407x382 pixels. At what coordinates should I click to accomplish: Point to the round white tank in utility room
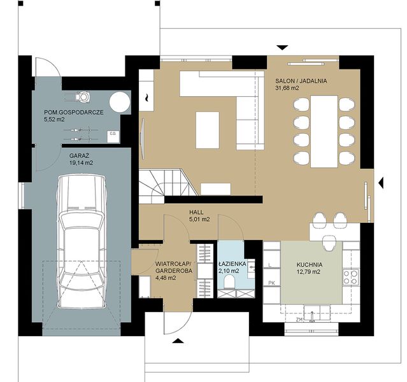(118, 101)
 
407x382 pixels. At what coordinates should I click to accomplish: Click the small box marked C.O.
(112, 134)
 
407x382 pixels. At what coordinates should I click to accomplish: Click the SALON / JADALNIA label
(301, 81)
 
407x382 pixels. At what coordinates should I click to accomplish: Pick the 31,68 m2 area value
(289, 88)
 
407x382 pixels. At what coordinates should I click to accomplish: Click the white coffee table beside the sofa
(207, 129)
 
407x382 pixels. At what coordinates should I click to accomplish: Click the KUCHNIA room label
(309, 264)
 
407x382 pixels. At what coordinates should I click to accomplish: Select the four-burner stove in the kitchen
(350, 276)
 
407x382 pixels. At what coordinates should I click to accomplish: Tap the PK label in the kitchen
(271, 283)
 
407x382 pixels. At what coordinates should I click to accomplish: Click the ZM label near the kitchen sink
(299, 320)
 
